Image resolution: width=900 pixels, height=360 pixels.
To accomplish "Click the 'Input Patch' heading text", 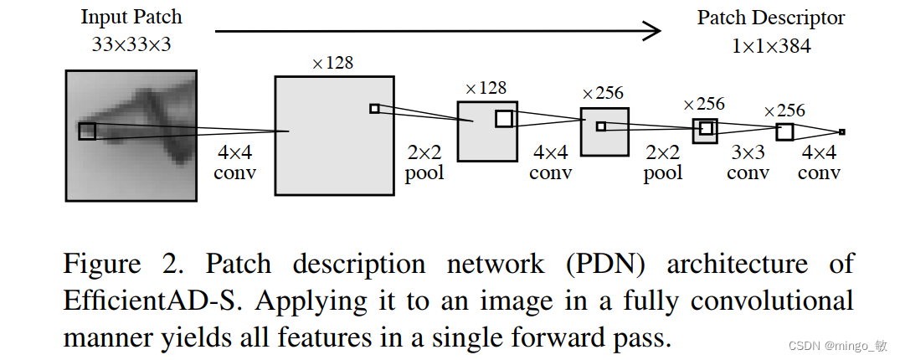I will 131,17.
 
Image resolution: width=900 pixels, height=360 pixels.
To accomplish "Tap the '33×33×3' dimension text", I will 131,44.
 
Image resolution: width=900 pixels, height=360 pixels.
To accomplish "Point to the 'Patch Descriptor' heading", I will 770,18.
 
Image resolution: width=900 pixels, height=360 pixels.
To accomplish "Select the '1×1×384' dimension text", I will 770,46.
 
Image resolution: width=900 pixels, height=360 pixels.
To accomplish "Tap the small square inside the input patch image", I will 87,131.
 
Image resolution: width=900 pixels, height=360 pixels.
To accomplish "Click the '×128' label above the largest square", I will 333,63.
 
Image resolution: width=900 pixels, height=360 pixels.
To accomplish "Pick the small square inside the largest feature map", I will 374,108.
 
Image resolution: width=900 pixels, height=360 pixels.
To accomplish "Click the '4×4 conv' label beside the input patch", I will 235,163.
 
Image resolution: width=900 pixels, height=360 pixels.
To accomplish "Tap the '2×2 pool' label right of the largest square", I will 424,163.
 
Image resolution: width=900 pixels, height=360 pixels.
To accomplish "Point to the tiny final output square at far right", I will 841,131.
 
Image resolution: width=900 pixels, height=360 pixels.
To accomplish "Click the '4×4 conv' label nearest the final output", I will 819,163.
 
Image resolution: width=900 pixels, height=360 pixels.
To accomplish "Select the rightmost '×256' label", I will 784,111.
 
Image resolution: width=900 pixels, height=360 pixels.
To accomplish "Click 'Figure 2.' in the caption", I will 102,265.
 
